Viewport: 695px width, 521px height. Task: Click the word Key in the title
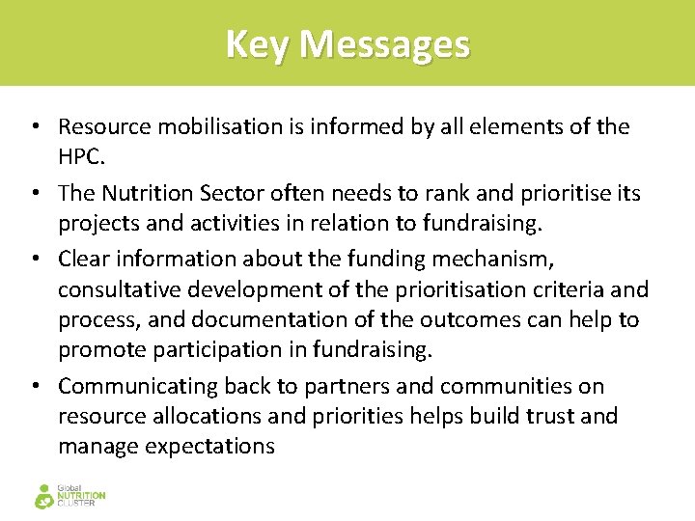coord(258,44)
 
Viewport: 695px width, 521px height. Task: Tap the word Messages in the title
coord(384,44)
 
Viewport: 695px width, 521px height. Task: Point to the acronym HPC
coord(80,156)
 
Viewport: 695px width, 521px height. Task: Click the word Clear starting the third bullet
coord(82,259)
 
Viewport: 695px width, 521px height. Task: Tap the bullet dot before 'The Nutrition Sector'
coord(35,193)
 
